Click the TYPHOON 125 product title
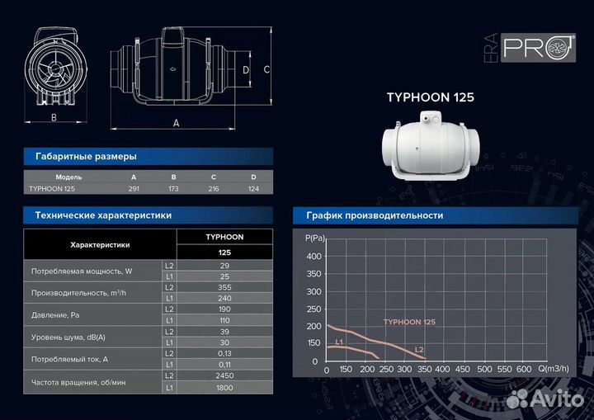(x=430, y=97)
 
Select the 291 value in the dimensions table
(x=134, y=189)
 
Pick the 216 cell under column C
(x=214, y=189)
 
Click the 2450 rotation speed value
(x=224, y=375)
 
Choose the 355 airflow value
(x=224, y=287)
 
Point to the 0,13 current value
(x=224, y=352)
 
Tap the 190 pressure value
(x=224, y=309)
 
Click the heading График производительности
(x=375, y=215)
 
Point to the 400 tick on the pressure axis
(x=313, y=257)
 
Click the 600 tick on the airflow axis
(x=523, y=370)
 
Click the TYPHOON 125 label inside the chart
(x=409, y=322)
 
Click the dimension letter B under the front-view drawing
(x=54, y=118)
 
